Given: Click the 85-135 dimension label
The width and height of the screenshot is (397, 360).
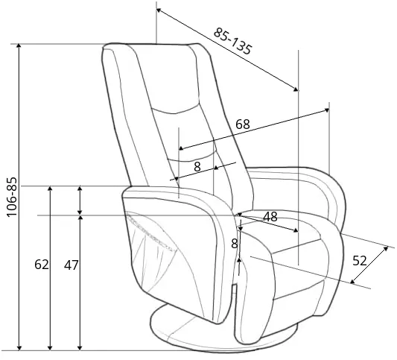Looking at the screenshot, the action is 233,41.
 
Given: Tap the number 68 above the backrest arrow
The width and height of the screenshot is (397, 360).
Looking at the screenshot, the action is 243,124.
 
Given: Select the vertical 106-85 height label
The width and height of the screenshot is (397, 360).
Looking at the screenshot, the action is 12,197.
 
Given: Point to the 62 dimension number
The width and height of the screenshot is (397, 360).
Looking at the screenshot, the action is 42,265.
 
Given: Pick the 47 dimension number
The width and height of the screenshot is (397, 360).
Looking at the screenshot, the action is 72,265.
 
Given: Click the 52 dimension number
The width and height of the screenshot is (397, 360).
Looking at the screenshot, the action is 360,260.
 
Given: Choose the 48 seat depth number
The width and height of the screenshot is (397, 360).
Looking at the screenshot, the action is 270,217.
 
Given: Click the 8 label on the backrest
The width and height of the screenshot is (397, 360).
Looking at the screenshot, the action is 197,167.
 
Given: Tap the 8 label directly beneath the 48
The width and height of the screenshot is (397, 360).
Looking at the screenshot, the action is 235,244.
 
